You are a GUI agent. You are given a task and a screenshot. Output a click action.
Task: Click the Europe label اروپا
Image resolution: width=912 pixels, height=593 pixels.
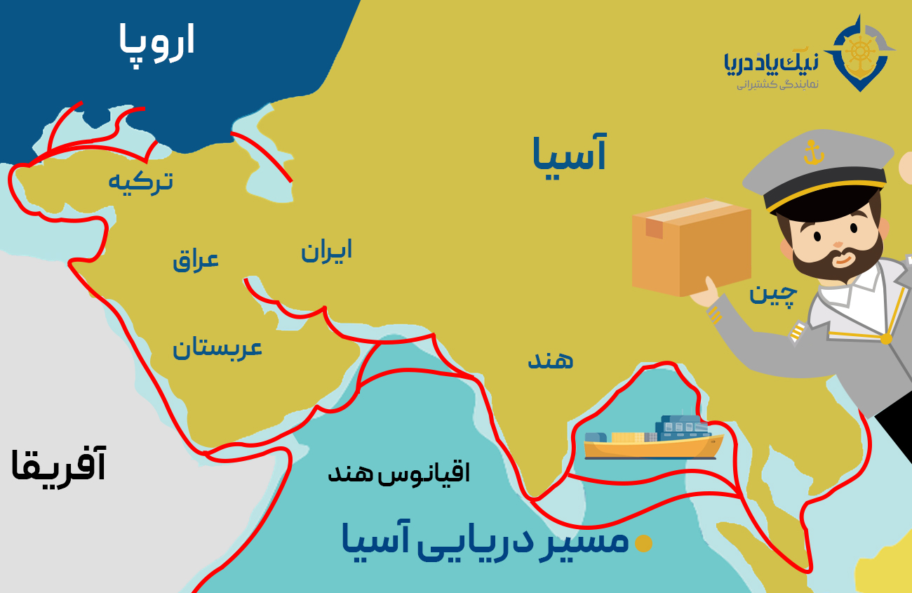pos(156,41)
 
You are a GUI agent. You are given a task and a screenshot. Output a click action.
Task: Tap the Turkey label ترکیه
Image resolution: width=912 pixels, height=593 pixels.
pos(140,182)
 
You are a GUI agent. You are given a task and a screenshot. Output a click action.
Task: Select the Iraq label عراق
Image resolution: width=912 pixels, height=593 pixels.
pos(196,260)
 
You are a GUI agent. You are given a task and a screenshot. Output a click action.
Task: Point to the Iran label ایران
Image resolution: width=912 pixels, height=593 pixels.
pos(326,251)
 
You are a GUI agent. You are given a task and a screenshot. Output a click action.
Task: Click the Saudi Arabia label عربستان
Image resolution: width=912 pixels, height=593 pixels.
pos(217,347)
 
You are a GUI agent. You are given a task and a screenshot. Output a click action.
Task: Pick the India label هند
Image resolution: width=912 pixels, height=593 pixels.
pos(551,360)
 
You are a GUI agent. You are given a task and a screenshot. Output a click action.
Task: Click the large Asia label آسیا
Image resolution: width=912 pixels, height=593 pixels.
pos(569,155)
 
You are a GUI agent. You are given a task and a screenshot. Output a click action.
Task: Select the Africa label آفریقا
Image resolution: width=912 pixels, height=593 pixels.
pos(59,466)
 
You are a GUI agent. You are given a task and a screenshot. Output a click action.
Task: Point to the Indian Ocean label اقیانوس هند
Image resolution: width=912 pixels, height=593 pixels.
pos(399,473)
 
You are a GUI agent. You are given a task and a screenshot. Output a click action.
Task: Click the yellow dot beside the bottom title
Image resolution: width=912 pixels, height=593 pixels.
pos(643,543)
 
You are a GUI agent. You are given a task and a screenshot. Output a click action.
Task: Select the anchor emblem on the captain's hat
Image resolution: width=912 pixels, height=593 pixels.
pos(813,152)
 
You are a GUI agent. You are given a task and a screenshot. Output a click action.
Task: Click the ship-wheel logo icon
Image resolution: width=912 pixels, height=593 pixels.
pos(859,53)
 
